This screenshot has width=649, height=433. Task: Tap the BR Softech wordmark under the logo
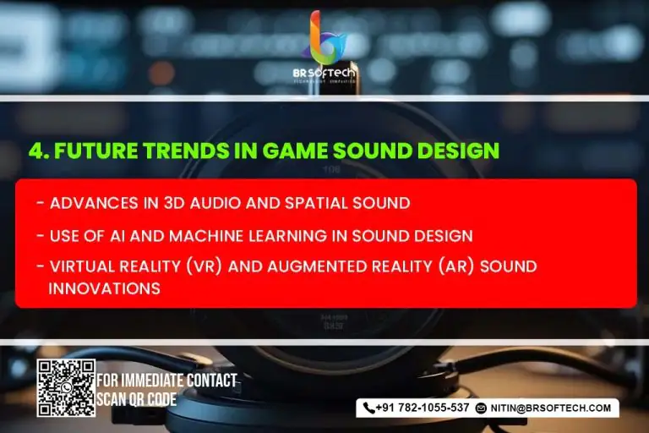click(x=324, y=74)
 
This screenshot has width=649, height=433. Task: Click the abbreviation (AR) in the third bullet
click(x=456, y=266)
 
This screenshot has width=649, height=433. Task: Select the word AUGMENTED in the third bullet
click(x=317, y=266)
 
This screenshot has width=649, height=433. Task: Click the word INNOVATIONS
click(x=104, y=288)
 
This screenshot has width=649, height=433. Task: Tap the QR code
click(x=66, y=388)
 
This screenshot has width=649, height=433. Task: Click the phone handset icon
click(x=368, y=408)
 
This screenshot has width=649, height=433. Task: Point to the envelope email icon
click(x=481, y=408)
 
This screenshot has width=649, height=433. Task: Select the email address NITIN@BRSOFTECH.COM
click(x=551, y=408)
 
